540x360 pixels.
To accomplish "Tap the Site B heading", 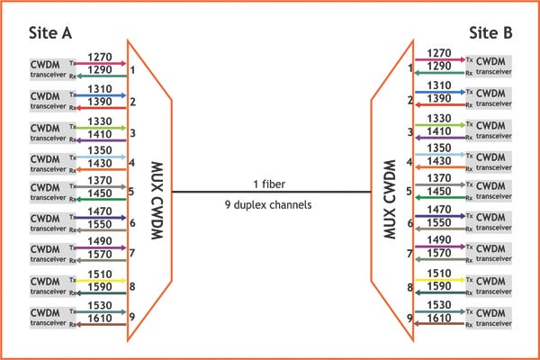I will [490, 33].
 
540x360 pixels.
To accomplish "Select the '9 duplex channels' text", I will [269, 204].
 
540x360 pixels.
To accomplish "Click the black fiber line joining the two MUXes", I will [270, 192].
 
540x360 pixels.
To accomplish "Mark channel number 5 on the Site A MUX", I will [131, 191].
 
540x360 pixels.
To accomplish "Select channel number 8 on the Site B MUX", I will [409, 288].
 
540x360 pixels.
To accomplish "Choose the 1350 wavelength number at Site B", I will [440, 148].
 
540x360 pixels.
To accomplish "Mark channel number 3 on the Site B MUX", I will [409, 132].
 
